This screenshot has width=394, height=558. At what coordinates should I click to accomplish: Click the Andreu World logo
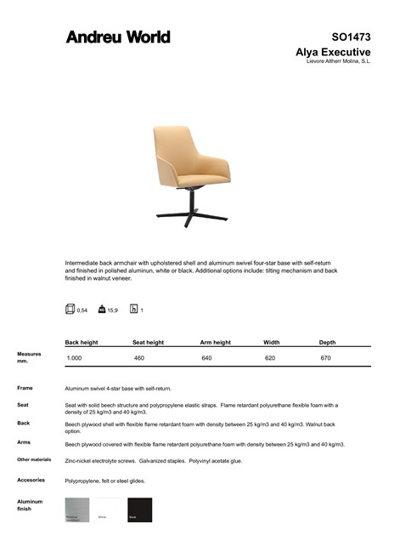pos(118,37)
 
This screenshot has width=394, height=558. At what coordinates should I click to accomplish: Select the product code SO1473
pos(351,37)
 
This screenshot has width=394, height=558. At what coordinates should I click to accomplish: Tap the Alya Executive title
pos(333,52)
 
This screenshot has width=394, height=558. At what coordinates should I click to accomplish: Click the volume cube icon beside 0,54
pos(70,310)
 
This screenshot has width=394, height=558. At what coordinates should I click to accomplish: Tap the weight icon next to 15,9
pos(102,310)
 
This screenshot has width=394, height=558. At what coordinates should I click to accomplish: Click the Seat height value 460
pos(139,359)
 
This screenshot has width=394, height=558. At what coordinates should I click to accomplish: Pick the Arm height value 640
pos(206,359)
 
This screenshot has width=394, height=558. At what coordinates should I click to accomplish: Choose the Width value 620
pos(270,359)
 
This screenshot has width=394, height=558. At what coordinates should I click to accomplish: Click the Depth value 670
pos(325,359)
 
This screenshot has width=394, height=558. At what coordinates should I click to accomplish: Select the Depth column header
pos(327,342)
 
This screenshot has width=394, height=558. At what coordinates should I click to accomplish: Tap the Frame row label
pos(25,388)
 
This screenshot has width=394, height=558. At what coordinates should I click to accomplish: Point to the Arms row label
pos(24,442)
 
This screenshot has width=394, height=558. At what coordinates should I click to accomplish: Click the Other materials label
pos(34,459)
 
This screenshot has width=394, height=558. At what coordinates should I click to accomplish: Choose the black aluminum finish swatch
pos(139,510)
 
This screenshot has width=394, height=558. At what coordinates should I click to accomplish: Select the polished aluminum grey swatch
pos(77,510)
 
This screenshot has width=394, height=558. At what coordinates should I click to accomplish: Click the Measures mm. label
pos(29,357)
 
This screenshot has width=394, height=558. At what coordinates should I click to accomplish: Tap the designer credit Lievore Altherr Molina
pos(338,61)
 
